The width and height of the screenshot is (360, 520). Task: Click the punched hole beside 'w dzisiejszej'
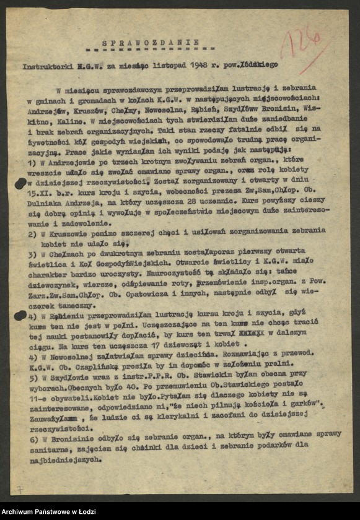click(21, 182)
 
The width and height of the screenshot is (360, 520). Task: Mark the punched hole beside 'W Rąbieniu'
click(20, 316)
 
